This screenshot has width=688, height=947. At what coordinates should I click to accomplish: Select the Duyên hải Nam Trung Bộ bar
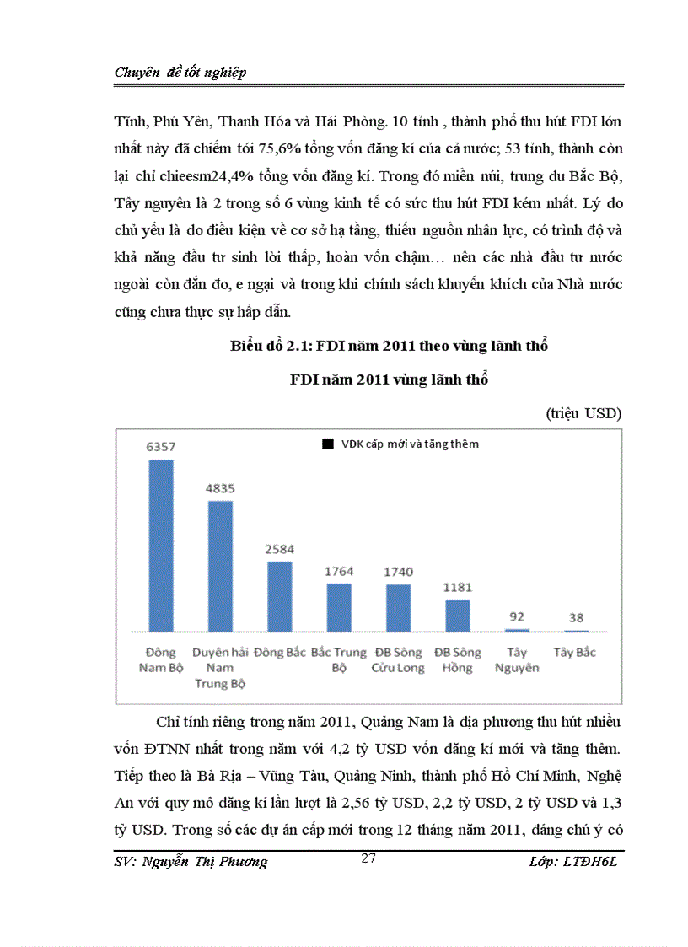pos(220,566)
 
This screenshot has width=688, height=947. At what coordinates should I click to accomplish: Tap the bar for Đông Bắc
pos(280,596)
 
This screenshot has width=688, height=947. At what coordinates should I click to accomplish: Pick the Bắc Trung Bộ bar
pos(339,607)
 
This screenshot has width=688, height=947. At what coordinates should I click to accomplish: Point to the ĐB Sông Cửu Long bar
pos(399,607)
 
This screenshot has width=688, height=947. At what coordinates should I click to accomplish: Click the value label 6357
pos(161,447)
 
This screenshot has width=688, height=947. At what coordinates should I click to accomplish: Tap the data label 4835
pos(220,488)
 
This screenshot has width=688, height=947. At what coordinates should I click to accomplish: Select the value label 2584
pos(280,549)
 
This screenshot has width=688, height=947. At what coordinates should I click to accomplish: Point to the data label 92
pos(517,616)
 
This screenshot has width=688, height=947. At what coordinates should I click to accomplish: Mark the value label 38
pos(576,618)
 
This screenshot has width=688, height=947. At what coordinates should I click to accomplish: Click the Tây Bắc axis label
pos(575,652)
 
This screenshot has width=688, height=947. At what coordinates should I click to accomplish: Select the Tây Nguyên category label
pos(517,659)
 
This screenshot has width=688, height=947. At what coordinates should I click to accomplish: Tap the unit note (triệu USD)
pos(583,412)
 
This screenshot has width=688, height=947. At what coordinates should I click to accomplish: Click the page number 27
pos(368,858)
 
